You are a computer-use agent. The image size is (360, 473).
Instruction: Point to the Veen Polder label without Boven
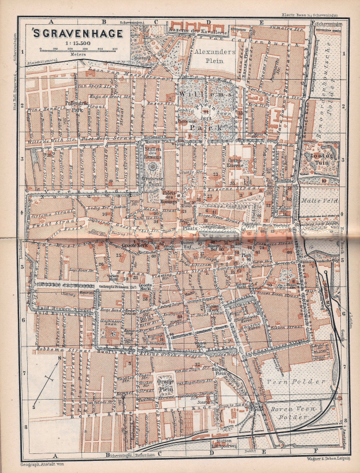coord(285,382)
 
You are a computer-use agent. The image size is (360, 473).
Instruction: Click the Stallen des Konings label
coord(154,153)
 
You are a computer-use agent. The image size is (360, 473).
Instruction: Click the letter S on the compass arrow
coord(34,407)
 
